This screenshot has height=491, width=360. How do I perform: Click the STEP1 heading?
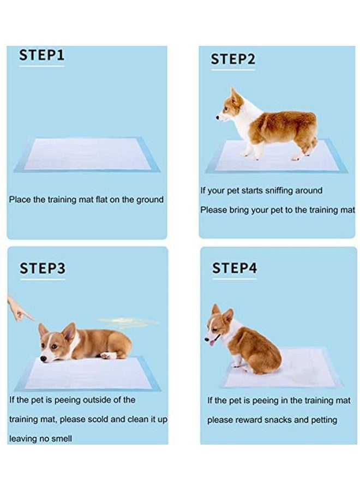point(41,55)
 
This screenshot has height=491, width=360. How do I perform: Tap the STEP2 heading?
point(233,59)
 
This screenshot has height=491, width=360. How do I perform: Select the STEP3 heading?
point(43,268)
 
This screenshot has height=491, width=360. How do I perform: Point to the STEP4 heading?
point(235,268)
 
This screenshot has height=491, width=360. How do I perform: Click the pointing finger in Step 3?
point(20,310)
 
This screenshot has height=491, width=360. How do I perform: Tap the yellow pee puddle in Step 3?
point(128,322)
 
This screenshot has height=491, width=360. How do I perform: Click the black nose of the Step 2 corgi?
point(218,117)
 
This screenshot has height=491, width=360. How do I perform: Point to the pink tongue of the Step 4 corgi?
point(212,343)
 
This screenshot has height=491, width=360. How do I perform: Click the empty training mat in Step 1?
point(87,155)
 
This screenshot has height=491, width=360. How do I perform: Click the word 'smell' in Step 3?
point(61,439)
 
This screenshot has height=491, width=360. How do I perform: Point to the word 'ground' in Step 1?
point(149,200)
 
